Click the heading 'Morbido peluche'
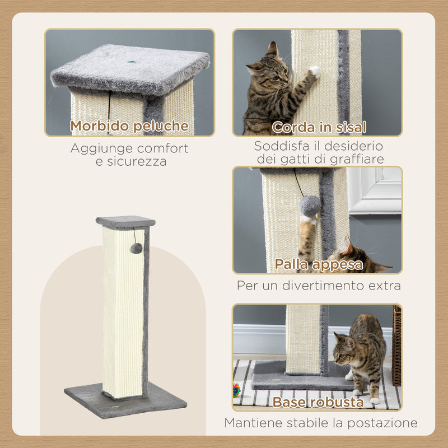(129, 126)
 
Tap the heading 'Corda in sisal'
(319, 127)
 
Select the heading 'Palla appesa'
(318, 264)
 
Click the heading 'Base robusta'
(318, 402)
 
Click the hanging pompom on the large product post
(136, 248)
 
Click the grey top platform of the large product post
(125, 221)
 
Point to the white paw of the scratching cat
(315, 71)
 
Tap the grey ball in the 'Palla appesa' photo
(310, 206)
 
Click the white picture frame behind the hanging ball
(374, 190)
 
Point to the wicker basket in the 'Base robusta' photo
(397, 344)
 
